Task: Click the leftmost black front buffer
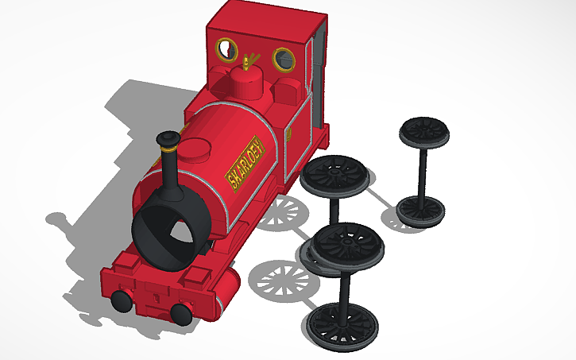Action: click(x=122, y=300)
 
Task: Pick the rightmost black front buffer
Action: click(x=182, y=312)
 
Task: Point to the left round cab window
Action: click(x=227, y=50)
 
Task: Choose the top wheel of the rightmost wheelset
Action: click(x=424, y=131)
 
